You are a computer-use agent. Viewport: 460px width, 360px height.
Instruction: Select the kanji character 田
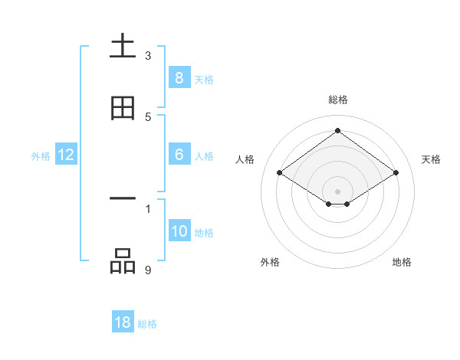[x=123, y=108]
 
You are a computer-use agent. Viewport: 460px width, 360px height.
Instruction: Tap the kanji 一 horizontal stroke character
[x=123, y=199]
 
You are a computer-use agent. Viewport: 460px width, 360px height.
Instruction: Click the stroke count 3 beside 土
[x=148, y=55]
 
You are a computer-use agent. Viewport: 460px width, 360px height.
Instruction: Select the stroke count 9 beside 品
[x=148, y=269]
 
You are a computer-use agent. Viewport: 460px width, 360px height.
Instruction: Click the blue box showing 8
[x=179, y=77]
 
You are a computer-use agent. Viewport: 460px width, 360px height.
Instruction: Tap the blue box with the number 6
[x=179, y=155]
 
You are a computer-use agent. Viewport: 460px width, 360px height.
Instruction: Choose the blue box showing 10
[x=179, y=231]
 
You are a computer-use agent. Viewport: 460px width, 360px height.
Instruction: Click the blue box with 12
[x=66, y=155]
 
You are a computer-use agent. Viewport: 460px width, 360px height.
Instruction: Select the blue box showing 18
[x=123, y=322]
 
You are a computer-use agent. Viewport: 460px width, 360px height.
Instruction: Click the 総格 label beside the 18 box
[x=147, y=324]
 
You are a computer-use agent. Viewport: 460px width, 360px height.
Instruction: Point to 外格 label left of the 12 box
[x=41, y=156]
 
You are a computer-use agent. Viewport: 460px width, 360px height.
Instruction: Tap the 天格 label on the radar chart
[x=431, y=159]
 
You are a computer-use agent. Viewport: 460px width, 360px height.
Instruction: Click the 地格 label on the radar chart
[x=402, y=262]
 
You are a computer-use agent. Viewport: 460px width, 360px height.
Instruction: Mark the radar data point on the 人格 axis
[x=279, y=173]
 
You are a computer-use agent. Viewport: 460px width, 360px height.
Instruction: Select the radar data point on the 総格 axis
[x=337, y=131]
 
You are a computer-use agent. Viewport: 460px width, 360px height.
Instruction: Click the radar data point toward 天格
[x=396, y=173]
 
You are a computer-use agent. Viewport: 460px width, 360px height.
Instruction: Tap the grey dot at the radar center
[x=337, y=191]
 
